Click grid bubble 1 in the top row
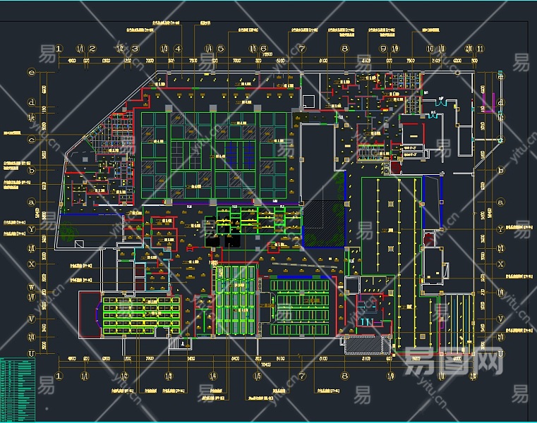click(60, 49)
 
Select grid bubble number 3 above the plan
click(135, 49)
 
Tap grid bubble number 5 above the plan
click(221, 49)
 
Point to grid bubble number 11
click(480, 49)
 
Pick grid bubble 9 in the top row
click(383, 49)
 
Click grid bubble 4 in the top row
click(178, 49)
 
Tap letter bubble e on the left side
click(31, 72)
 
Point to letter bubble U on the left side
click(31, 353)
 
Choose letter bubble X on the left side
click(31, 264)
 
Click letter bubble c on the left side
click(31, 139)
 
